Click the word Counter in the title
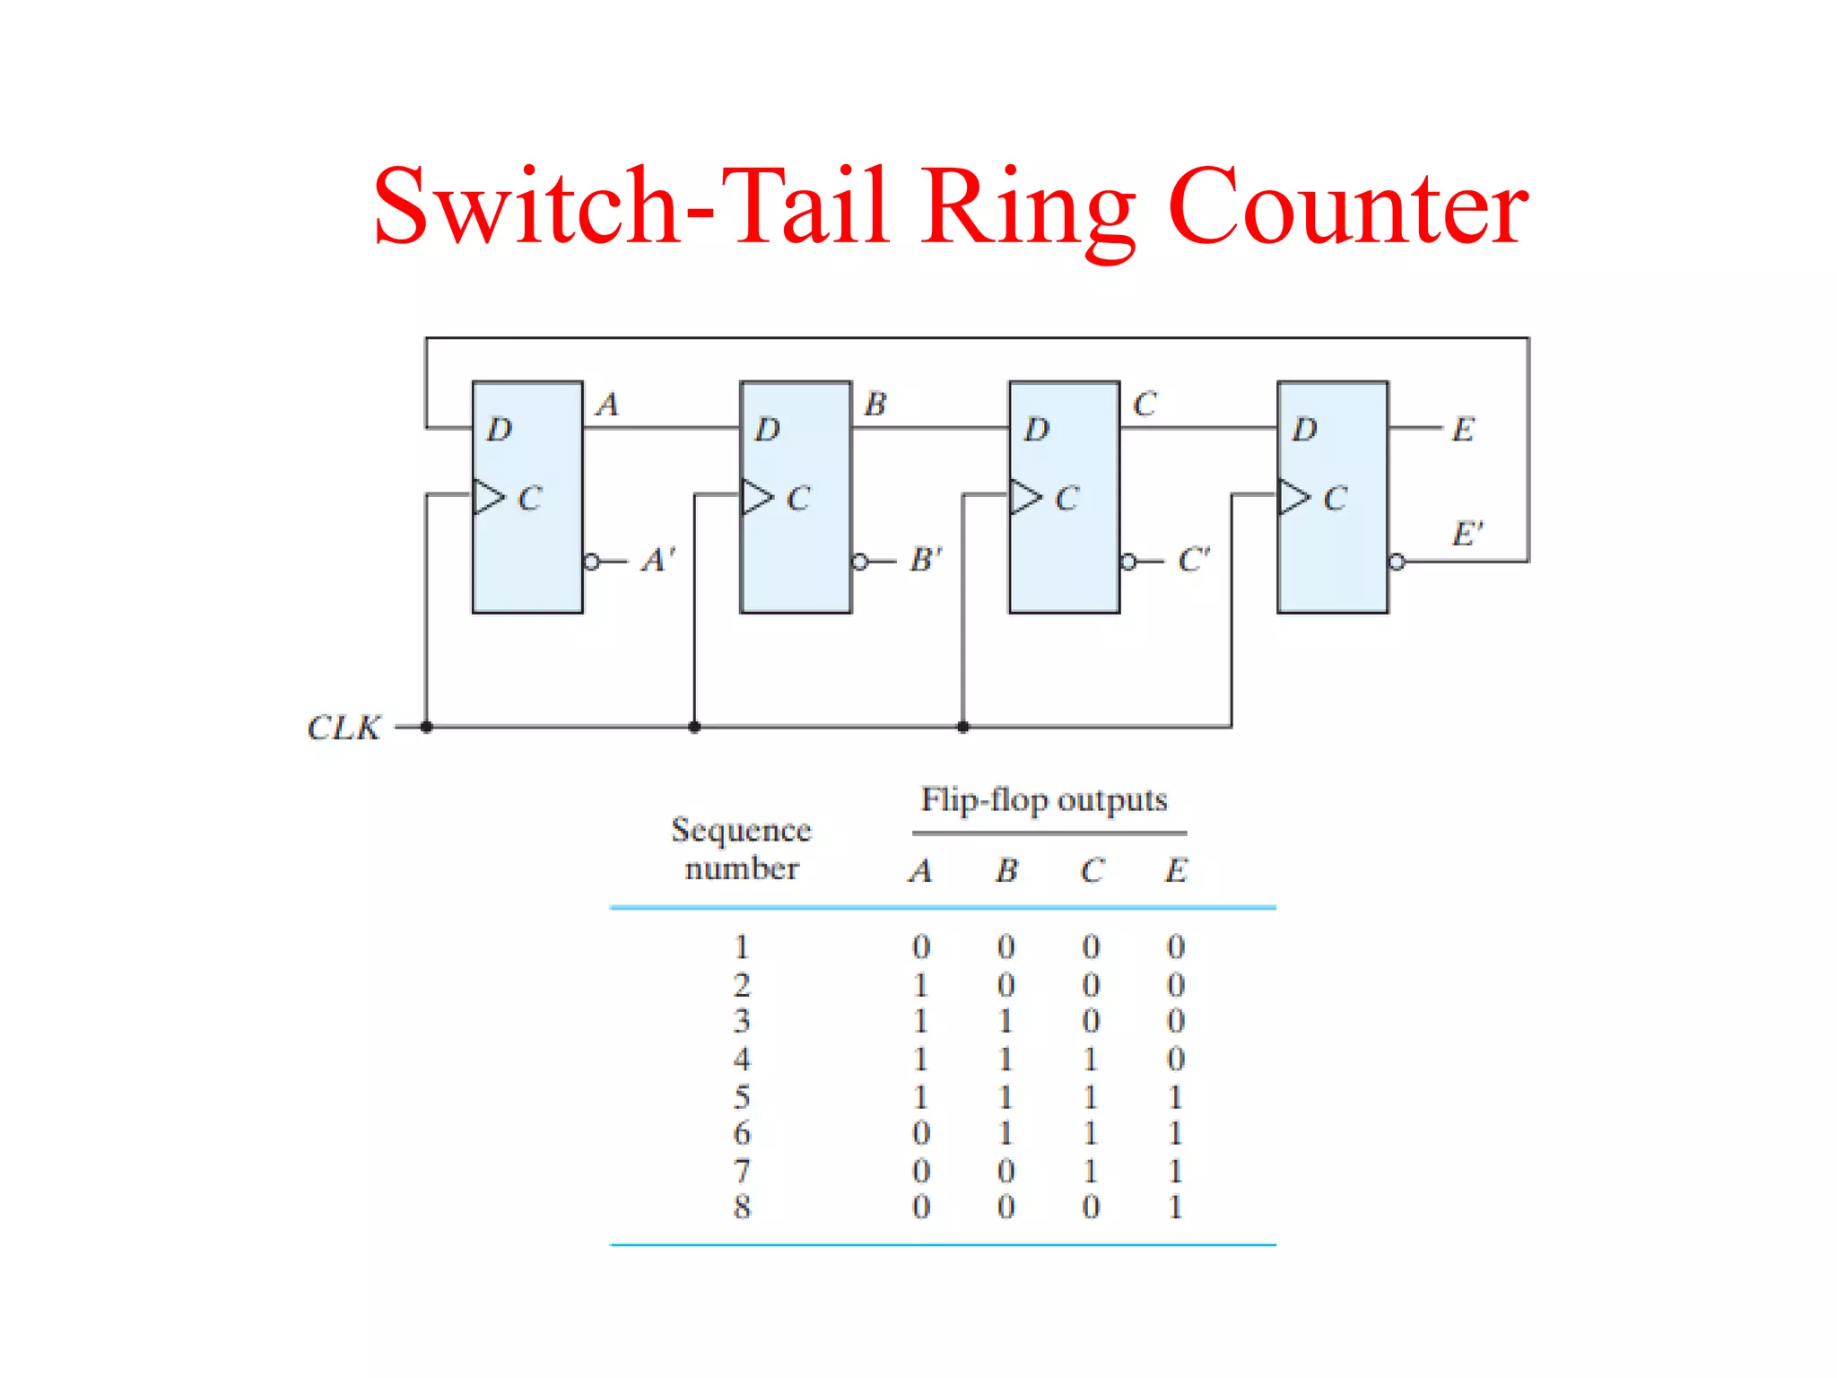click(1347, 208)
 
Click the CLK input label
click(344, 728)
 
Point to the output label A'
click(657, 560)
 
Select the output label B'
click(926, 560)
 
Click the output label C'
click(1194, 560)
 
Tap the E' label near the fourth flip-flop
click(1467, 534)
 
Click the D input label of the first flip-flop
click(500, 430)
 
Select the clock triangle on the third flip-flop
click(1025, 496)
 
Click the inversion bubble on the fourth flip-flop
click(1397, 563)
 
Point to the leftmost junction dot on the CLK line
click(426, 727)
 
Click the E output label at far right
click(1463, 430)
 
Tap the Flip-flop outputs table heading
click(1044, 799)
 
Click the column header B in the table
click(1007, 870)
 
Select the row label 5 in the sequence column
click(742, 1097)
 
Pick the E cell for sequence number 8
click(1175, 1208)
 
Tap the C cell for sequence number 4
click(1091, 1060)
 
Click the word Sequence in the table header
click(741, 831)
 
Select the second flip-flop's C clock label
click(798, 499)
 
